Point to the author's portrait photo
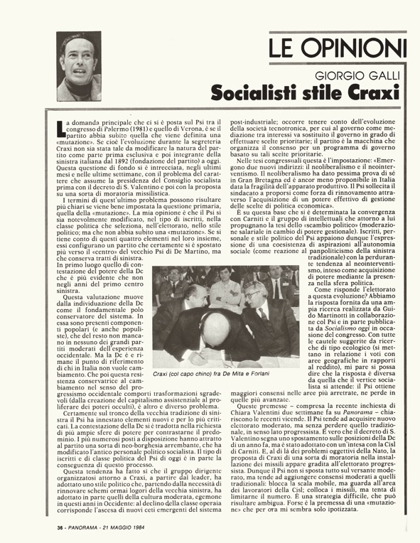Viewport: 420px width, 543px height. click(x=79, y=67)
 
